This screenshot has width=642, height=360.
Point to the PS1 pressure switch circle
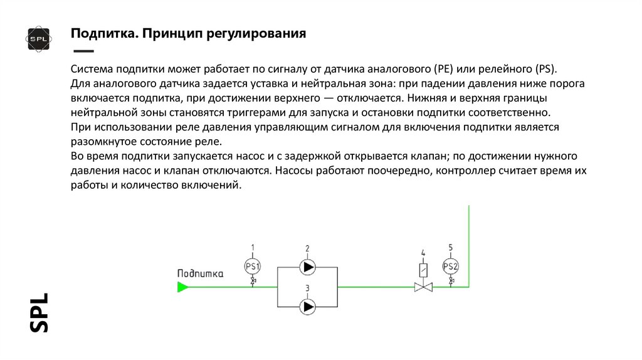pyautogui.click(x=253, y=267)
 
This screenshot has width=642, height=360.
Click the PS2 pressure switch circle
pyautogui.click(x=451, y=267)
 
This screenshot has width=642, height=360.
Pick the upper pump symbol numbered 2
pyautogui.click(x=308, y=267)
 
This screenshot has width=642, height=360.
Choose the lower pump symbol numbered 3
pyautogui.click(x=308, y=307)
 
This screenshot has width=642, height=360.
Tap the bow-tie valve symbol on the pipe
pyautogui.click(x=423, y=287)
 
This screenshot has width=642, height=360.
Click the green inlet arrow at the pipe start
pyautogui.click(x=182, y=287)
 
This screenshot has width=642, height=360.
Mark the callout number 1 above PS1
pyautogui.click(x=253, y=246)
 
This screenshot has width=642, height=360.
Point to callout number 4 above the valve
pyautogui.click(x=423, y=253)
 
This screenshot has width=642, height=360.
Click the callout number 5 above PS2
pyautogui.click(x=451, y=246)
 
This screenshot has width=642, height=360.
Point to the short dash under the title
pyautogui.click(x=83, y=51)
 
